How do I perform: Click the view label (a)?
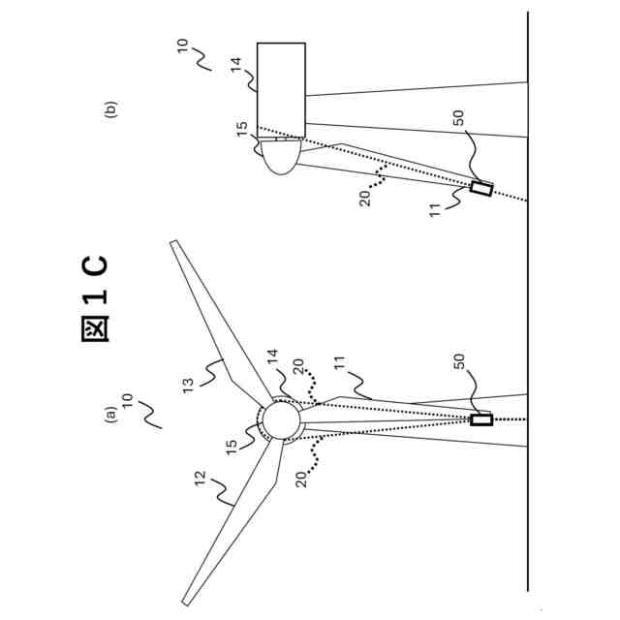coord(110,414)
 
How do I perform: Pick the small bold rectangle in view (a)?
coord(480,419)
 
